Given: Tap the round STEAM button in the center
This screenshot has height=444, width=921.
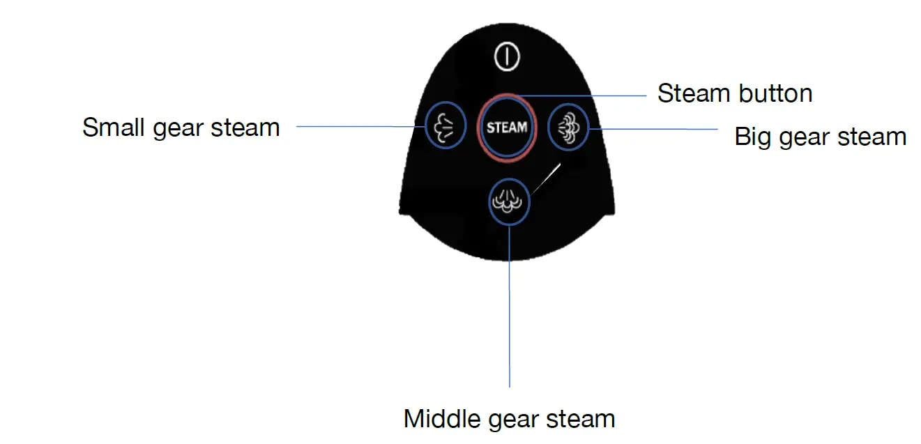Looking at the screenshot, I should (x=507, y=128).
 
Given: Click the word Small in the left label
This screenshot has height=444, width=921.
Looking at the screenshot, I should (x=114, y=128).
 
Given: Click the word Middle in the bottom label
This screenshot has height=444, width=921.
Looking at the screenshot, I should (x=438, y=419).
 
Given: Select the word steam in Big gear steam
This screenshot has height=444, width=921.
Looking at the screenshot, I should (x=873, y=137).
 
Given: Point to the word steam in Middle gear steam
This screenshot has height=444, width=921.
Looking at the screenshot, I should (x=581, y=419).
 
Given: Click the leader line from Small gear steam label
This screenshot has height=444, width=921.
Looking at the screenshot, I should (x=359, y=126).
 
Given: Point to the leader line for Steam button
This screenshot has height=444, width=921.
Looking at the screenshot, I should (x=586, y=95).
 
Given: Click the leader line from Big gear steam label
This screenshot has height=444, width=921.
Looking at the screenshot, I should (x=655, y=128).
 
